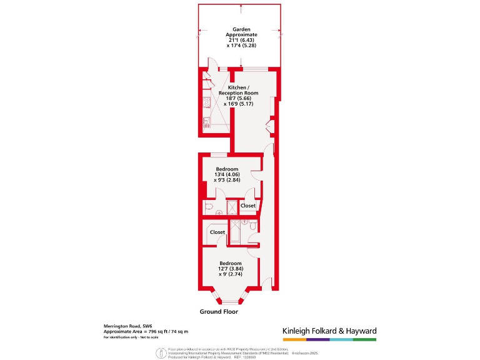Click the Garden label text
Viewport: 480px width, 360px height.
[x=241, y=29]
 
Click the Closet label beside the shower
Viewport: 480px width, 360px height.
[x=248, y=206]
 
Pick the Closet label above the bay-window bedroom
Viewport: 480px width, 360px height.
[x=217, y=232]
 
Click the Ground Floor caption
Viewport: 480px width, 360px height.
[x=219, y=311]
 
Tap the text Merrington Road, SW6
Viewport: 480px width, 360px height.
[x=127, y=326]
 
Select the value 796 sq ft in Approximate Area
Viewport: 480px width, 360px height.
[x=163, y=332]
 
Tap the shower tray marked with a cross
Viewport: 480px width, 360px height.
[x=232, y=206]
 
